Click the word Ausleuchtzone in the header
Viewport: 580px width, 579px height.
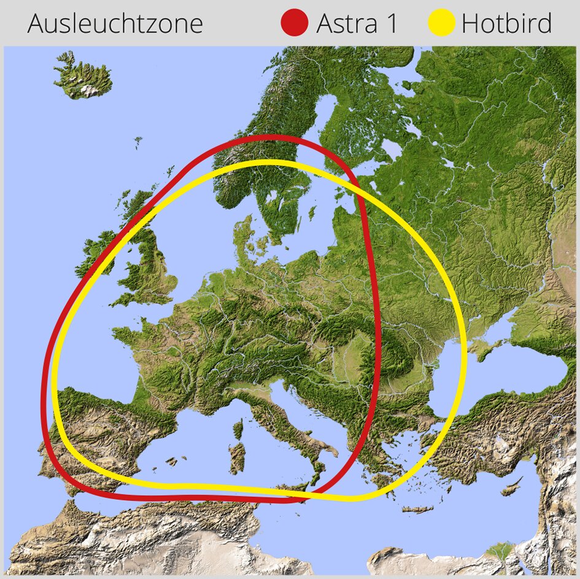tap(115, 23)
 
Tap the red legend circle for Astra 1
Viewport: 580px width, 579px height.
tap(293, 23)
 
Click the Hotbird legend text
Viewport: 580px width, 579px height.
tap(506, 23)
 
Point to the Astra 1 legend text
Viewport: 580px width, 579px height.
tap(357, 23)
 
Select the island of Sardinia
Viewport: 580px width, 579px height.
tap(236, 457)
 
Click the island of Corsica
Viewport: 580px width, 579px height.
tap(238, 429)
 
